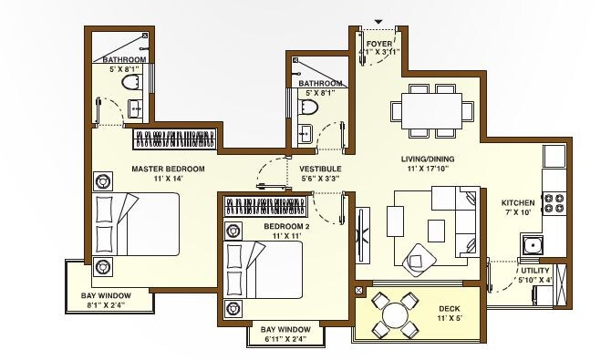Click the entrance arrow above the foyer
(x=378, y=22)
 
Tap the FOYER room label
(x=378, y=44)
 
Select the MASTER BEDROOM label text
(x=168, y=170)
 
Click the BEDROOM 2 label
(x=287, y=225)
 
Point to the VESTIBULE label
(x=320, y=170)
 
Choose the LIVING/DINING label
(x=428, y=159)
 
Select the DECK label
(x=449, y=309)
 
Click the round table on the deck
(x=395, y=315)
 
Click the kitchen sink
(x=532, y=243)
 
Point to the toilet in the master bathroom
(x=129, y=83)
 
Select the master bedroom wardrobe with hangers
(x=175, y=139)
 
